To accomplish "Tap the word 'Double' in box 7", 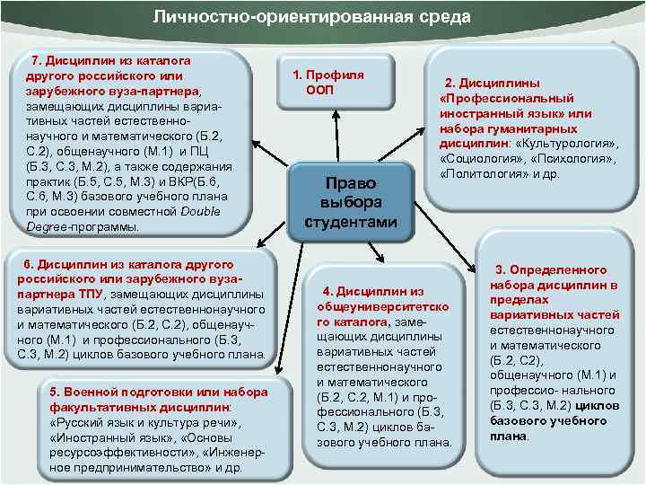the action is pyautogui.click(x=200, y=211).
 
